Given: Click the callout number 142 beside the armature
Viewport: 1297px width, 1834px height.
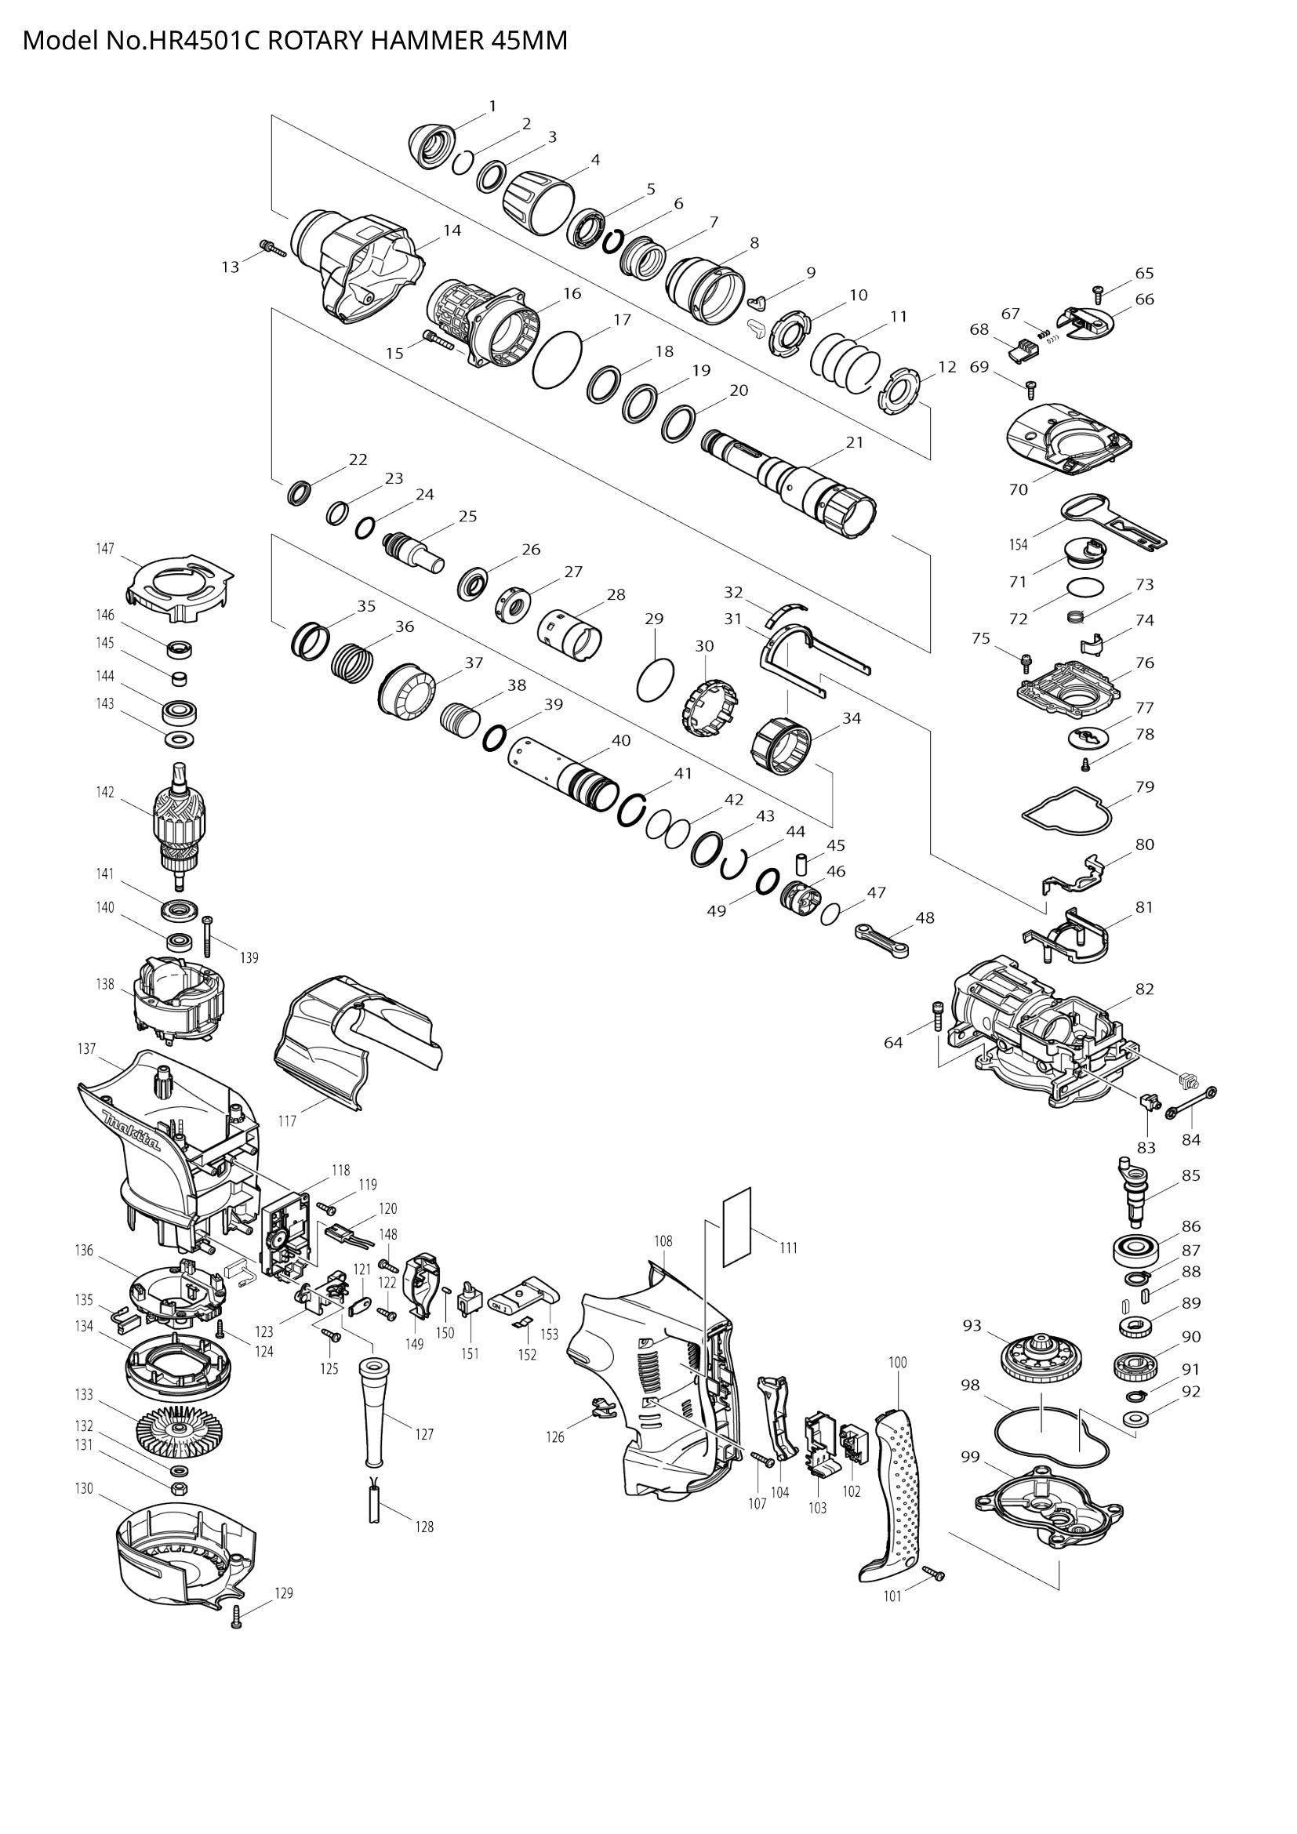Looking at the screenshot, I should coord(105,793).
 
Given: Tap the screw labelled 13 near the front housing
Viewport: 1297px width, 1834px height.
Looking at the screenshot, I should coord(273,248).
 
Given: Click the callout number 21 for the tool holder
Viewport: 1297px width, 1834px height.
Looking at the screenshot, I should coord(855,441).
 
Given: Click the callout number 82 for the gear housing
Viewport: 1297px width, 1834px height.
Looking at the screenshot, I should coord(1144,988).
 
